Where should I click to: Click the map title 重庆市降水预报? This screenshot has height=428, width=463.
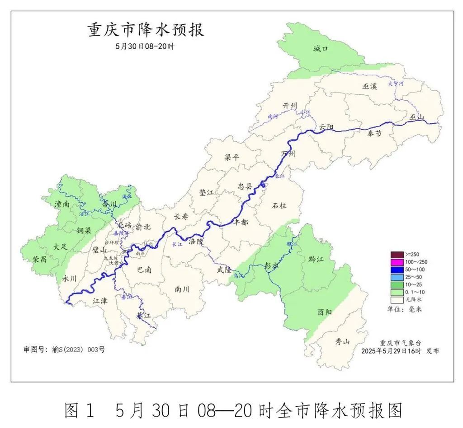[146, 30]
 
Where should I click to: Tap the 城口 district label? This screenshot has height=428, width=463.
[321, 49]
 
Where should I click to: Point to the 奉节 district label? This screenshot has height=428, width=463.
[374, 134]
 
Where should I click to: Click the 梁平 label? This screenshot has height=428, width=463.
[232, 158]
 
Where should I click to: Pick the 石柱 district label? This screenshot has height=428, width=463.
[279, 205]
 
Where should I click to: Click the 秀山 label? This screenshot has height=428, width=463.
[343, 342]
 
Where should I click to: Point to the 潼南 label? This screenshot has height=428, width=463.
[61, 204]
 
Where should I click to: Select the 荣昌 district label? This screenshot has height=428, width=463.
[40, 260]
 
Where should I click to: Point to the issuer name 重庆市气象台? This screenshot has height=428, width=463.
[399, 342]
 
